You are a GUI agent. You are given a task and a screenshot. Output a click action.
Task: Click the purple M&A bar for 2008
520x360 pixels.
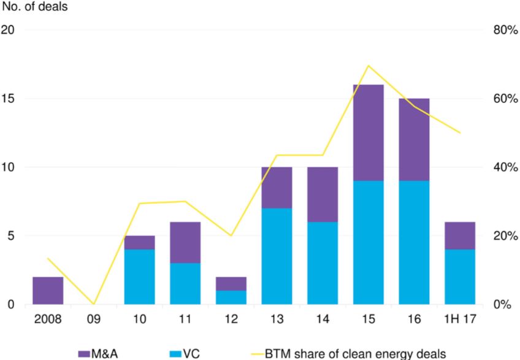coord(48,290)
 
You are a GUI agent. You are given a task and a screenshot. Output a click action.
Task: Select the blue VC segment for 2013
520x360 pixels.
coord(277,256)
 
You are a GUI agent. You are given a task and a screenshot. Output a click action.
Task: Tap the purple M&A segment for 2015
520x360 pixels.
coord(368,132)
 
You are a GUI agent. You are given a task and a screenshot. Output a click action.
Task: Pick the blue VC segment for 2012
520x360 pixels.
coord(231,297)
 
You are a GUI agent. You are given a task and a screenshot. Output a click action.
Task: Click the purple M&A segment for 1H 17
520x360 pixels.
coord(459,236)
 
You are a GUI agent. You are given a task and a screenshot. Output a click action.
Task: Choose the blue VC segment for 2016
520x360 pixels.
coord(414,242)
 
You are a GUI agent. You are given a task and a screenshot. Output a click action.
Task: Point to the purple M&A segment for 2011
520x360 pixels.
coord(185,242)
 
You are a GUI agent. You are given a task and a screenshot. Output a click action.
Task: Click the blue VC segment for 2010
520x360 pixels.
coord(139,276)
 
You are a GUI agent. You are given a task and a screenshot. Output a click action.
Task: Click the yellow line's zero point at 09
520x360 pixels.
coord(94,304)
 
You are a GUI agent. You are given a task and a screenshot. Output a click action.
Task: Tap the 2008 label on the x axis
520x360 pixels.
coord(48,320)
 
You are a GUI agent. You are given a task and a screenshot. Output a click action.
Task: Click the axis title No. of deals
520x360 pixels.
coord(35,8)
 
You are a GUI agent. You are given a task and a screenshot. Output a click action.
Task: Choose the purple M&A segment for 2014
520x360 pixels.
coord(323,194)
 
